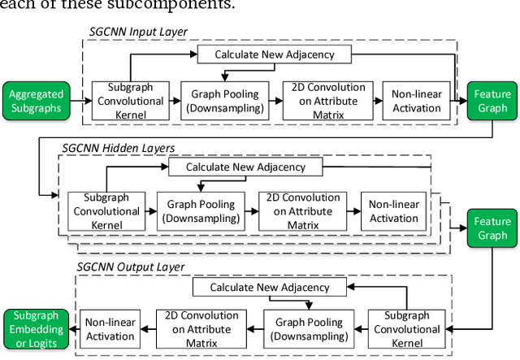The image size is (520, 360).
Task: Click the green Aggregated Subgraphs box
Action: pos(36,101)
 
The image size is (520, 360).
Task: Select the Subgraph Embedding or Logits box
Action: pos(34,327)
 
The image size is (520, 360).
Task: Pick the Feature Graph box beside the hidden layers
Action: pos(491,228)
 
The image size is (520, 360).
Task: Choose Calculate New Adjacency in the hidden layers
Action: pos(245,167)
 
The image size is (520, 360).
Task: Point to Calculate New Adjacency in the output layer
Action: pos(270,287)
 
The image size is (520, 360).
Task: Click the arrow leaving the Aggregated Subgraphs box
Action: pos(77,101)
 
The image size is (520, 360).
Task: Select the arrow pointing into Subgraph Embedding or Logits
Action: pos(72,327)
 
